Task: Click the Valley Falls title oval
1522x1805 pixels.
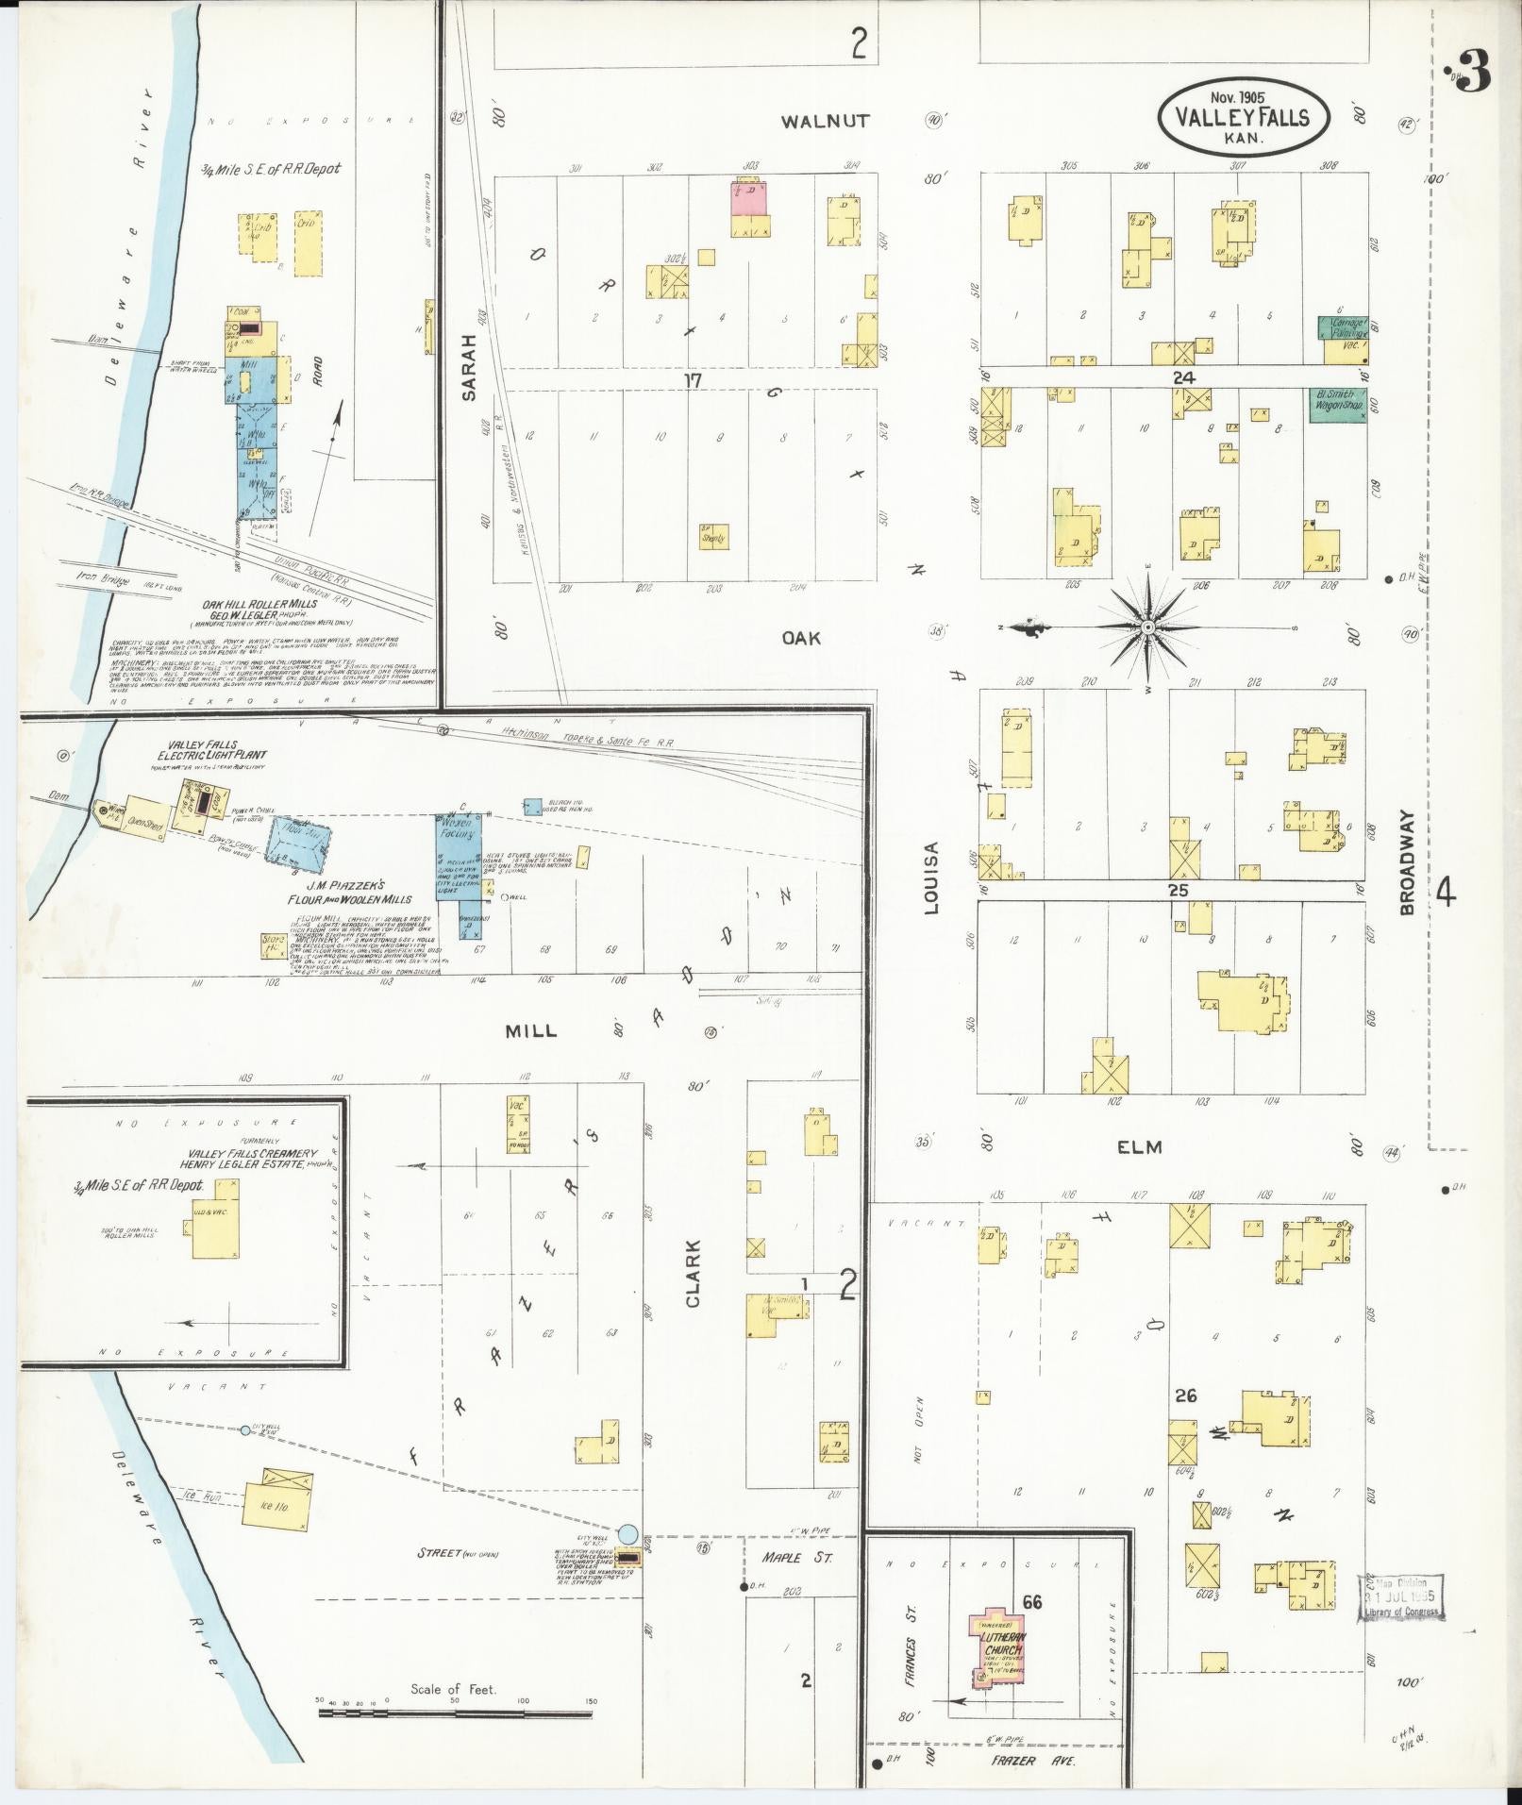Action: (1243, 117)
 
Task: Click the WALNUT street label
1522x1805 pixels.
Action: (826, 122)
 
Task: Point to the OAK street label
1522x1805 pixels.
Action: (801, 638)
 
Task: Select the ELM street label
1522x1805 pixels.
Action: (1140, 1147)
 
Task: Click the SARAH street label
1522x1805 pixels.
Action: (472, 370)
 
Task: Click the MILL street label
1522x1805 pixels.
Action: (531, 1030)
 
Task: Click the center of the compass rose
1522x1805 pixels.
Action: (1147, 627)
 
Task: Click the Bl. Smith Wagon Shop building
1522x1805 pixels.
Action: (1338, 405)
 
